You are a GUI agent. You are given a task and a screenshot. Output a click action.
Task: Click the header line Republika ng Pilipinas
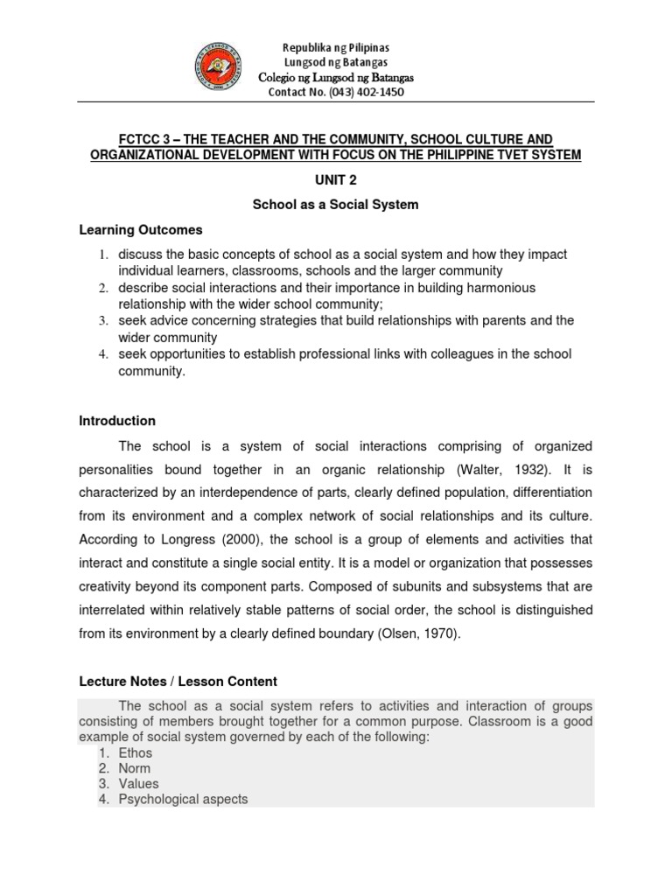tap(336, 46)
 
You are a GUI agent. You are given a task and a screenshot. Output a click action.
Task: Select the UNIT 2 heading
tap(336, 179)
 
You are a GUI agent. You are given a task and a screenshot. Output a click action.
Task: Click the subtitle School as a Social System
tap(336, 205)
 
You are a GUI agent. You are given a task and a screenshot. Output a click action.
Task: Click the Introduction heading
tap(117, 421)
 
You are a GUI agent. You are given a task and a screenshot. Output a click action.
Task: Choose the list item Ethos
tap(136, 752)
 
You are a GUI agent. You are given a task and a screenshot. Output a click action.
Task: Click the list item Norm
tap(135, 768)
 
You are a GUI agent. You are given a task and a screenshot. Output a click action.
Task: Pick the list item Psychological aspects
tap(184, 799)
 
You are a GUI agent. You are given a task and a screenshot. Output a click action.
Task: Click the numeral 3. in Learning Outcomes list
tap(101, 321)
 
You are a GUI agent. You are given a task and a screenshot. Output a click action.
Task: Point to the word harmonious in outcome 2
tap(479, 288)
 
